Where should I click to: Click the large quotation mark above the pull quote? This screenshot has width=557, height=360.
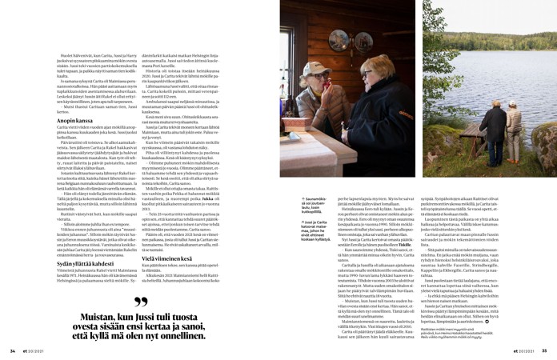click(x=142, y=303)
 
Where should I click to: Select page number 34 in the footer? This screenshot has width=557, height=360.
click(x=13, y=349)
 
